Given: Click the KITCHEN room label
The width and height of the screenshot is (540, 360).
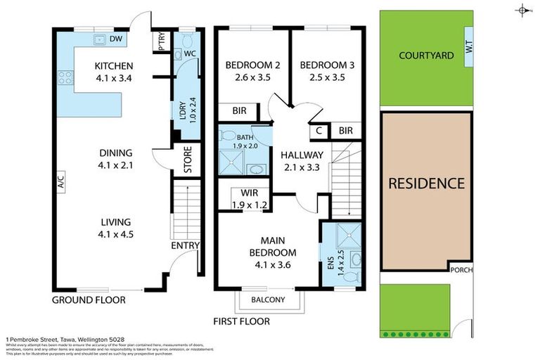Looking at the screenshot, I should click(112, 67).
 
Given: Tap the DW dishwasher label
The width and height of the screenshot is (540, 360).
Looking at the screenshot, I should click(116, 39).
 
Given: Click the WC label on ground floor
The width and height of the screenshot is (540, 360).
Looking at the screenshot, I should click(188, 53).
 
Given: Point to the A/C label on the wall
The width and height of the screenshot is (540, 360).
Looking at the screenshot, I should click(62, 183).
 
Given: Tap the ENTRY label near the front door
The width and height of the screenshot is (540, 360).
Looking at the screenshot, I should click(186, 245).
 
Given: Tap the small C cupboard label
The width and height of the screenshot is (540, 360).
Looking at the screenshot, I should click(319, 130).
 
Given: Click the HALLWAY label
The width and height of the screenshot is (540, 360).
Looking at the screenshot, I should click(302, 155).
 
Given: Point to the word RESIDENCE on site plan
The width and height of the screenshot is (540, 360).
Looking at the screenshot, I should click(427, 184).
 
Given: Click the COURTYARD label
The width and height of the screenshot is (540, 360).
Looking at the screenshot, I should click(425, 55).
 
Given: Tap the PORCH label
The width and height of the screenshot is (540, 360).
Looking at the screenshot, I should click(462, 269).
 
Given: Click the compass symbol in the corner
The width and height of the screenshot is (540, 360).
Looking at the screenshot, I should click(522, 10).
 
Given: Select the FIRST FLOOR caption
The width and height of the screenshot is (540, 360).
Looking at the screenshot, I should click(242, 322).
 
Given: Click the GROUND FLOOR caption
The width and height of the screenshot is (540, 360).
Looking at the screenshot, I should click(89, 300).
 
